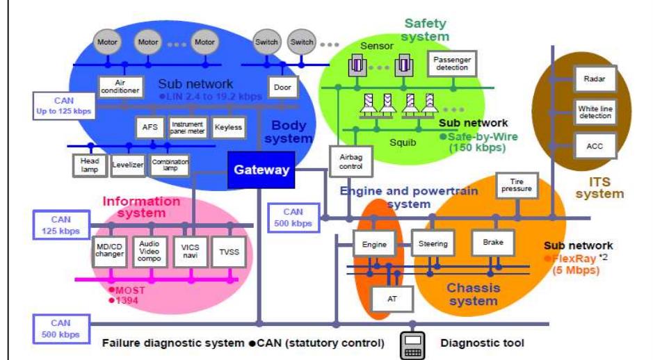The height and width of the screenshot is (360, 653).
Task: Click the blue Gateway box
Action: click(x=261, y=170)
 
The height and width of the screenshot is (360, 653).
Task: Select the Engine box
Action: click(x=374, y=244)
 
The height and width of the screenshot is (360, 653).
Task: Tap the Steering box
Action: click(x=433, y=244)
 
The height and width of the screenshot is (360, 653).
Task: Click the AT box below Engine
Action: click(x=392, y=299)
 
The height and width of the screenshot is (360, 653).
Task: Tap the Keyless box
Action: click(x=227, y=128)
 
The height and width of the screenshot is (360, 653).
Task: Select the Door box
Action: click(x=282, y=88)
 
